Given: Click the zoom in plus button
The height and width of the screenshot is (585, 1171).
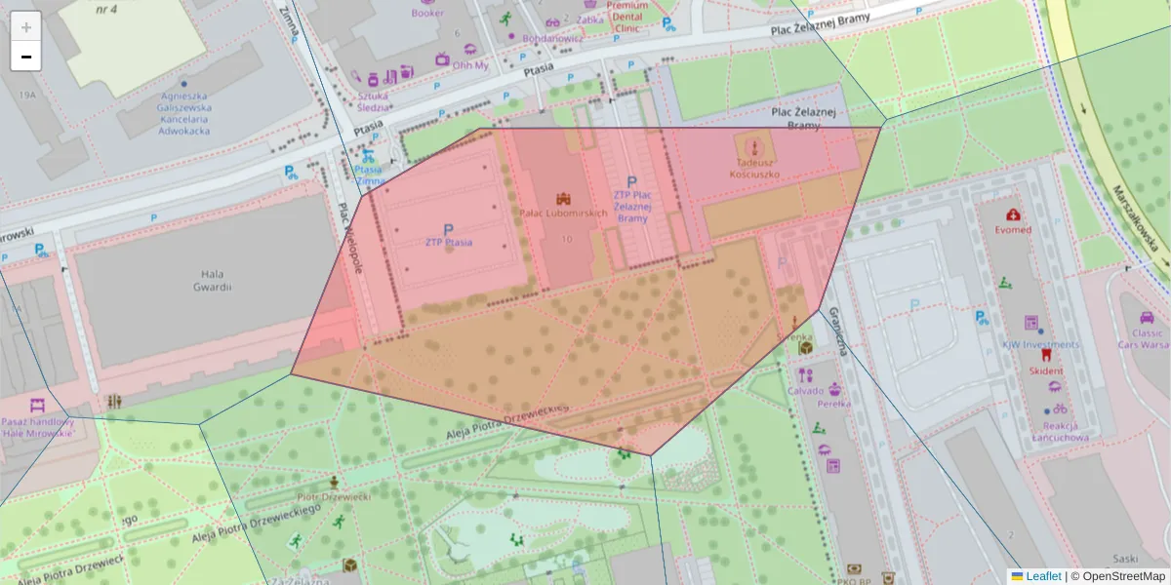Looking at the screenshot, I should click(x=26, y=27).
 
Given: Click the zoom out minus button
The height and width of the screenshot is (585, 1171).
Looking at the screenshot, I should click(x=26, y=57).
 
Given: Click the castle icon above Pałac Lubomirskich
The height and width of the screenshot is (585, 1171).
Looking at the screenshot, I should click(x=562, y=198).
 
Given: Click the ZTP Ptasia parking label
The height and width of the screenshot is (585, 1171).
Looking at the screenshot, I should click(x=449, y=242).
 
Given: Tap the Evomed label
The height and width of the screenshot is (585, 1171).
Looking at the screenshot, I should click(x=1012, y=230).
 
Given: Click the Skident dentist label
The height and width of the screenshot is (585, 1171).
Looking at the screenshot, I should click(x=1046, y=371).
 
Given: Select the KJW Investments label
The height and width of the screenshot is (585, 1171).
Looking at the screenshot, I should click(x=1041, y=345).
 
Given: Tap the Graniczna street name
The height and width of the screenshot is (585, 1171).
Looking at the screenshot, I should click(x=837, y=332).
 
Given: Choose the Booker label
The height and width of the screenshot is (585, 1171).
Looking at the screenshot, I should click(x=427, y=14).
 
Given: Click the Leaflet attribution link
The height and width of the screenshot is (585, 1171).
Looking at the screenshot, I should click(x=1042, y=576).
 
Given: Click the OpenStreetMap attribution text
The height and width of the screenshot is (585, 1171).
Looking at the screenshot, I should click(x=1123, y=576).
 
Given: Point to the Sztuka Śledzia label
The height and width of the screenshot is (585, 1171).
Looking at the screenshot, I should click(x=374, y=102).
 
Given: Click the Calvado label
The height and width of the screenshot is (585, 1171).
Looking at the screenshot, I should click(x=806, y=392).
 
